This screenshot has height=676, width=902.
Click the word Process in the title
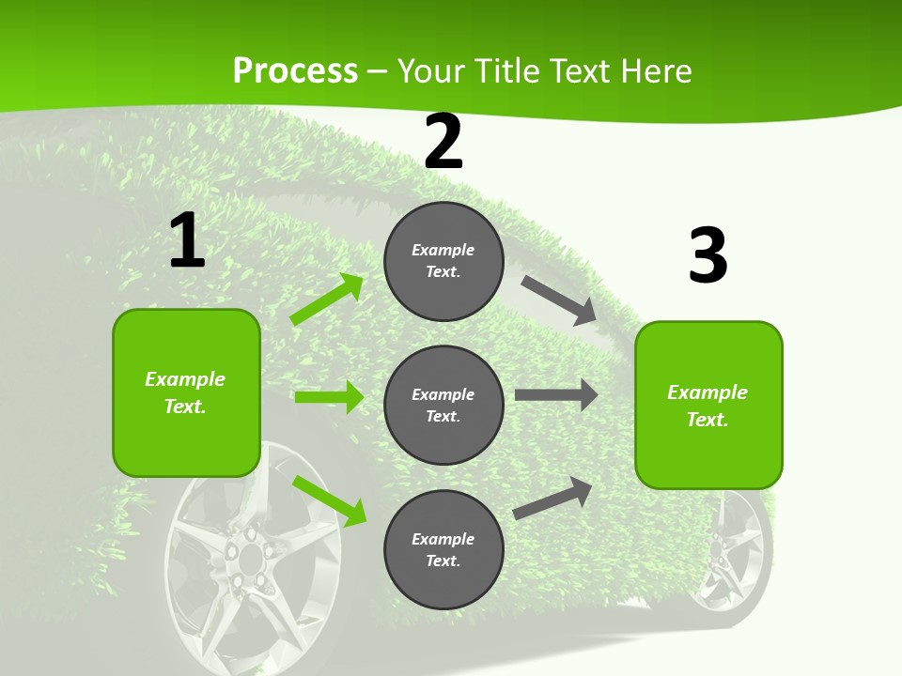(295, 70)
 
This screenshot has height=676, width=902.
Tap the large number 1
(187, 240)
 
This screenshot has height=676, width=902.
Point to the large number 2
(443, 142)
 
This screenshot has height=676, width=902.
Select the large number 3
(708, 255)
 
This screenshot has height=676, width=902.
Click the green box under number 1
(186, 392)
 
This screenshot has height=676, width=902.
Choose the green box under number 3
(708, 406)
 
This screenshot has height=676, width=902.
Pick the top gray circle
(443, 261)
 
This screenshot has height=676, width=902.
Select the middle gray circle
(443, 406)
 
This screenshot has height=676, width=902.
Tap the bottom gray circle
(443, 550)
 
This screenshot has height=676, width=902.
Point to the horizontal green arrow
(329, 397)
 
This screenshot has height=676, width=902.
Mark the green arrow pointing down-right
(330, 499)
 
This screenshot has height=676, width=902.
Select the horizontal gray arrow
(556, 395)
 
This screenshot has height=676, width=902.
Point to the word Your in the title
(428, 70)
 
